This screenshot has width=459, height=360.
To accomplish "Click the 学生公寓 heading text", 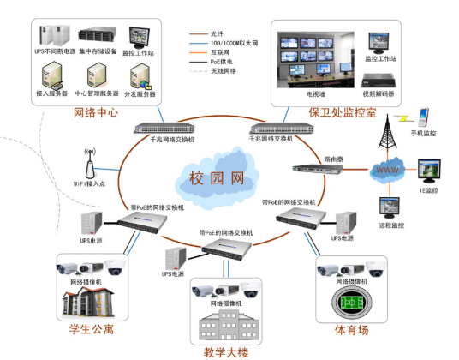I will coord(91,329).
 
